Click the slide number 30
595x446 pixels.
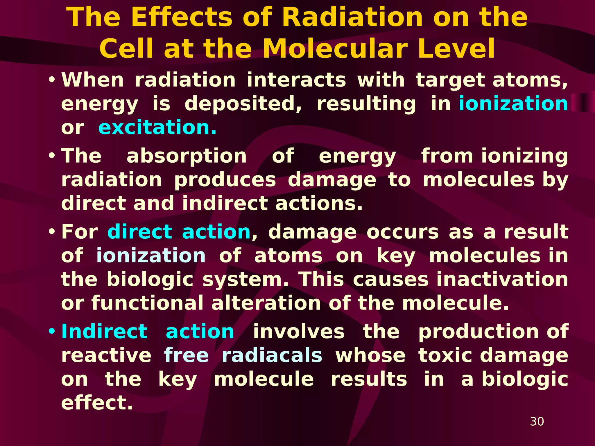(537, 421)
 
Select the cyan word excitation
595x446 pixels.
(157, 127)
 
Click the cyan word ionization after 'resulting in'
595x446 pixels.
(513, 104)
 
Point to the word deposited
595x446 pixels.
(243, 104)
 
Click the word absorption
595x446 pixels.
(187, 156)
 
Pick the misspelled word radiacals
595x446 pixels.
(272, 355)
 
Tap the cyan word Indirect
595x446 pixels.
(105, 332)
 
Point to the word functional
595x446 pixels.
(148, 303)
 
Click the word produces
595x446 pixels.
(225, 180)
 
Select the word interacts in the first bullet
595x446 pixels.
(296, 80)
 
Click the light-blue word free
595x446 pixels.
(186, 355)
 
